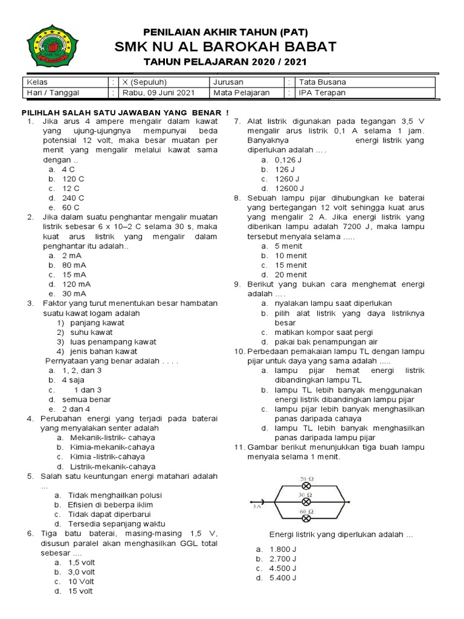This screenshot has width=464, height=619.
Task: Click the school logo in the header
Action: tap(52, 46)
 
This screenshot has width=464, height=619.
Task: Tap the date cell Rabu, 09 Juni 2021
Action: tap(158, 93)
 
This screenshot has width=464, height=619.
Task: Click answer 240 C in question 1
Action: tap(73, 198)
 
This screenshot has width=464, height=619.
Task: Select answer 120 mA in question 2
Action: tap(76, 284)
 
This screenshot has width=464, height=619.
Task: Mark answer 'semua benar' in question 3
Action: tap(86, 400)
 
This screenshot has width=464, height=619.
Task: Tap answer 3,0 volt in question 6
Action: tap(81, 572)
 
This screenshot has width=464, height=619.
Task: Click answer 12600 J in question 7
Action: tap(289, 189)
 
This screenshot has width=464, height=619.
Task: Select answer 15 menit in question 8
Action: tap(291, 265)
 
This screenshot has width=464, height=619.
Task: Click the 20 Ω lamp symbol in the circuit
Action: tap(306, 486)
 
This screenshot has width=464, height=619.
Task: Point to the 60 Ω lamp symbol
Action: tap(306, 517)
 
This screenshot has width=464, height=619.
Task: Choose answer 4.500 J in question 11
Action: tap(283, 569)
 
